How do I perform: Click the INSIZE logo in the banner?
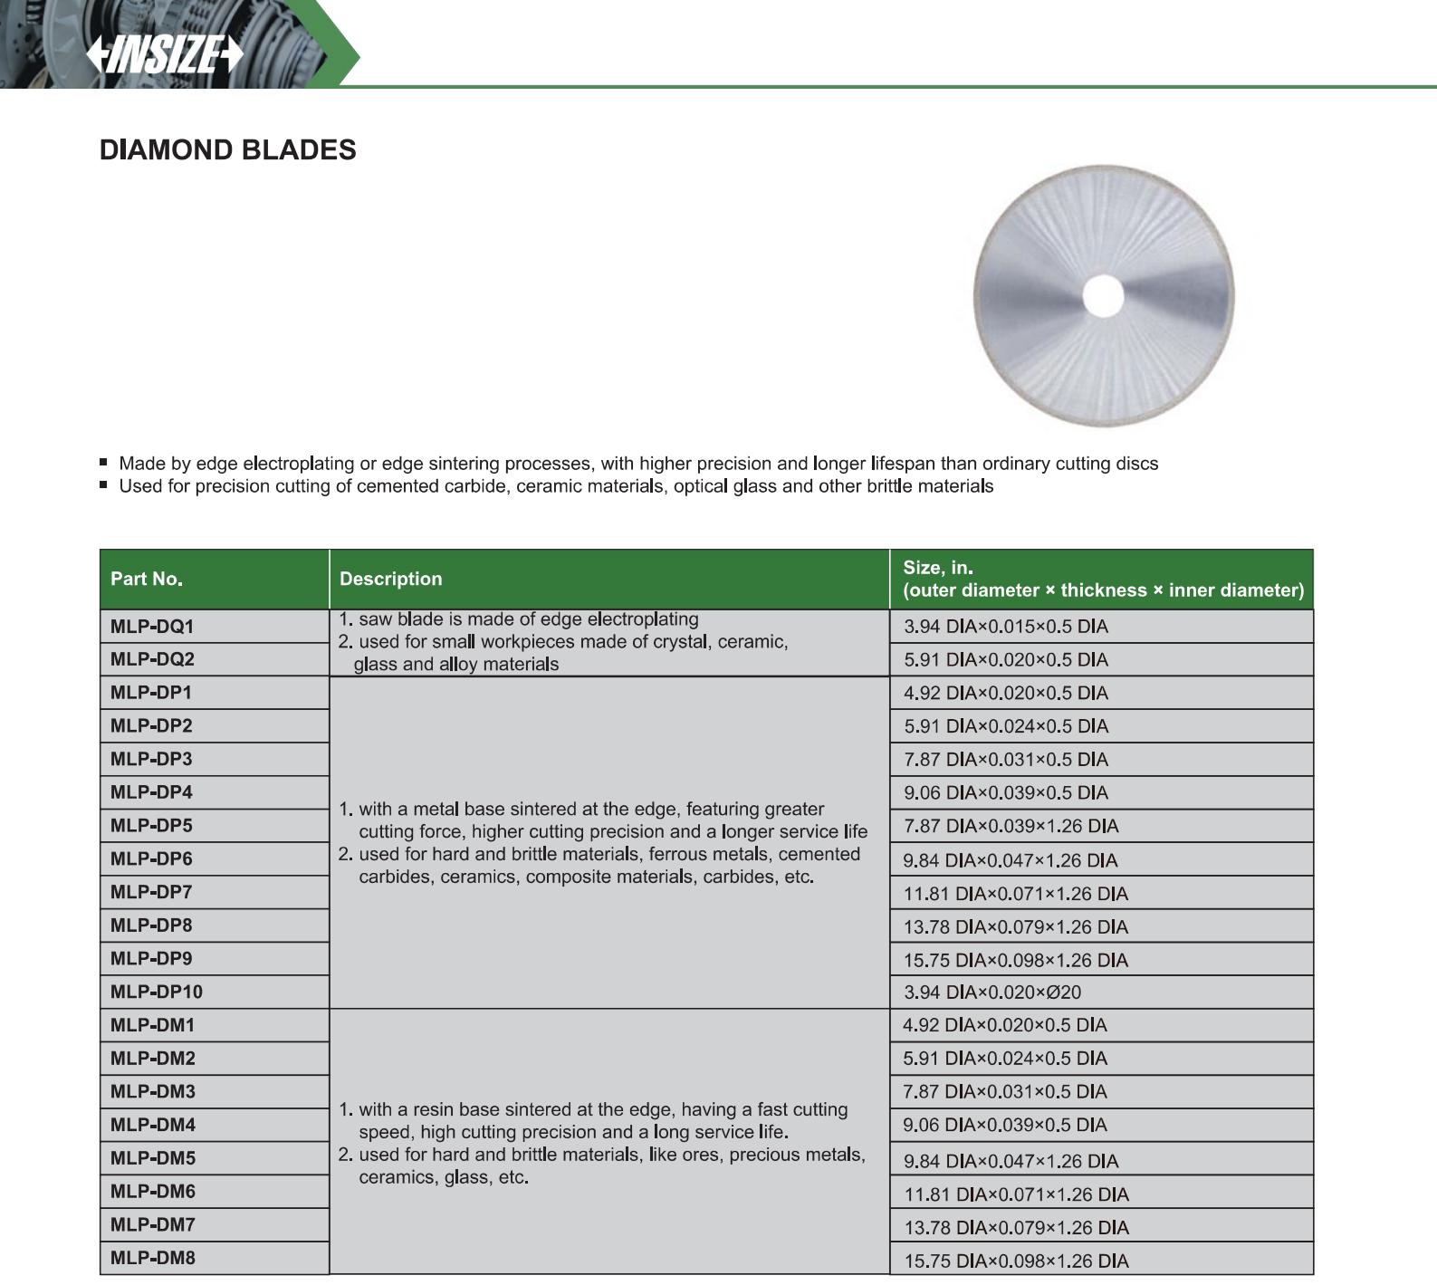[x=165, y=55]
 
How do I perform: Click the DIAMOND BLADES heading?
[x=227, y=149]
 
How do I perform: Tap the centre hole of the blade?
[x=1103, y=297]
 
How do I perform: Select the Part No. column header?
[x=147, y=579]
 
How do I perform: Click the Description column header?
[x=390, y=579]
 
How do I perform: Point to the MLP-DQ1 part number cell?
[x=152, y=627]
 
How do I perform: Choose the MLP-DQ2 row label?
[x=152, y=659]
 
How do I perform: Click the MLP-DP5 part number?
[x=151, y=826]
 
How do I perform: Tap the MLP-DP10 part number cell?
[x=157, y=992]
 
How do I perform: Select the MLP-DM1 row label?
[x=152, y=1025]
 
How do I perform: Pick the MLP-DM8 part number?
[x=152, y=1258]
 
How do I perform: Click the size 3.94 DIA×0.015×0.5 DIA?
[x=1005, y=627]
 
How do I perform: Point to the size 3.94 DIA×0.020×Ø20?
[x=992, y=993]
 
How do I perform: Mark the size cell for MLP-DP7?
[x=1015, y=894]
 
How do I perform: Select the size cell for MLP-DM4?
[x=1004, y=1125]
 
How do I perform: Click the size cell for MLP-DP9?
[x=1015, y=960]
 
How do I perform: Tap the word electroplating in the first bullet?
[x=299, y=464]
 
